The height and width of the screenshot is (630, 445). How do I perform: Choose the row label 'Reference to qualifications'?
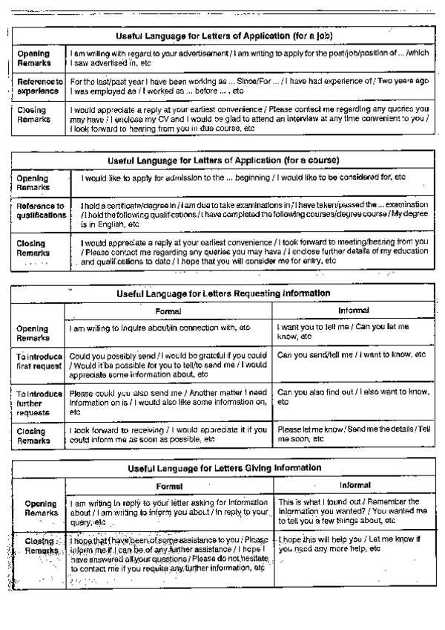(x=40, y=210)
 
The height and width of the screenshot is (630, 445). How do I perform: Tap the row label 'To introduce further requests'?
(x=39, y=401)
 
